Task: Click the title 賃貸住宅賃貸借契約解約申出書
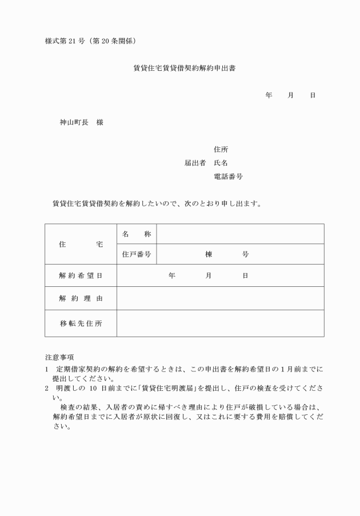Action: coord(185,68)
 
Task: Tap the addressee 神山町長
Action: coord(74,122)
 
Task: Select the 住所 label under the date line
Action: coord(221,150)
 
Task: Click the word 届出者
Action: coord(195,163)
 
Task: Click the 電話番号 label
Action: coord(228,177)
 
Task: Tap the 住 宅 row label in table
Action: coord(81,244)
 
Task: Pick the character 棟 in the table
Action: coord(209,254)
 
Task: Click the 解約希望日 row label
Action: coord(81,275)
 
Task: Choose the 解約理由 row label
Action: coord(81,298)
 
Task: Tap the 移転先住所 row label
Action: coord(81,323)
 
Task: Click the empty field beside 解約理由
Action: coord(220,298)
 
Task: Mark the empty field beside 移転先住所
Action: coord(220,323)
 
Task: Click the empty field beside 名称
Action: coord(240,234)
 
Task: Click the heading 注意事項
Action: coord(59,357)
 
